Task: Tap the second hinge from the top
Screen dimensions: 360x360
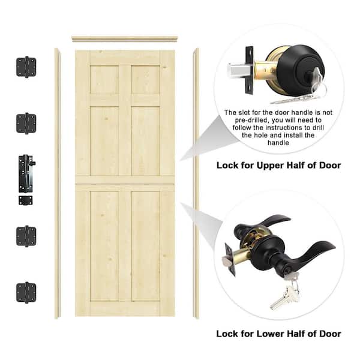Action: [26, 123]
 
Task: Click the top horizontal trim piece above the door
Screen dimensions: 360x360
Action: [125, 39]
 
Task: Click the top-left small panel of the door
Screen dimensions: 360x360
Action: [104, 79]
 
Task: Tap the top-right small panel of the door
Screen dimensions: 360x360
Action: [145, 79]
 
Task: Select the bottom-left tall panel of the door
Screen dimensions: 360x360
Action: [104, 246]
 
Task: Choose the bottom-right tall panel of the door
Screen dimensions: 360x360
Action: [145, 246]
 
